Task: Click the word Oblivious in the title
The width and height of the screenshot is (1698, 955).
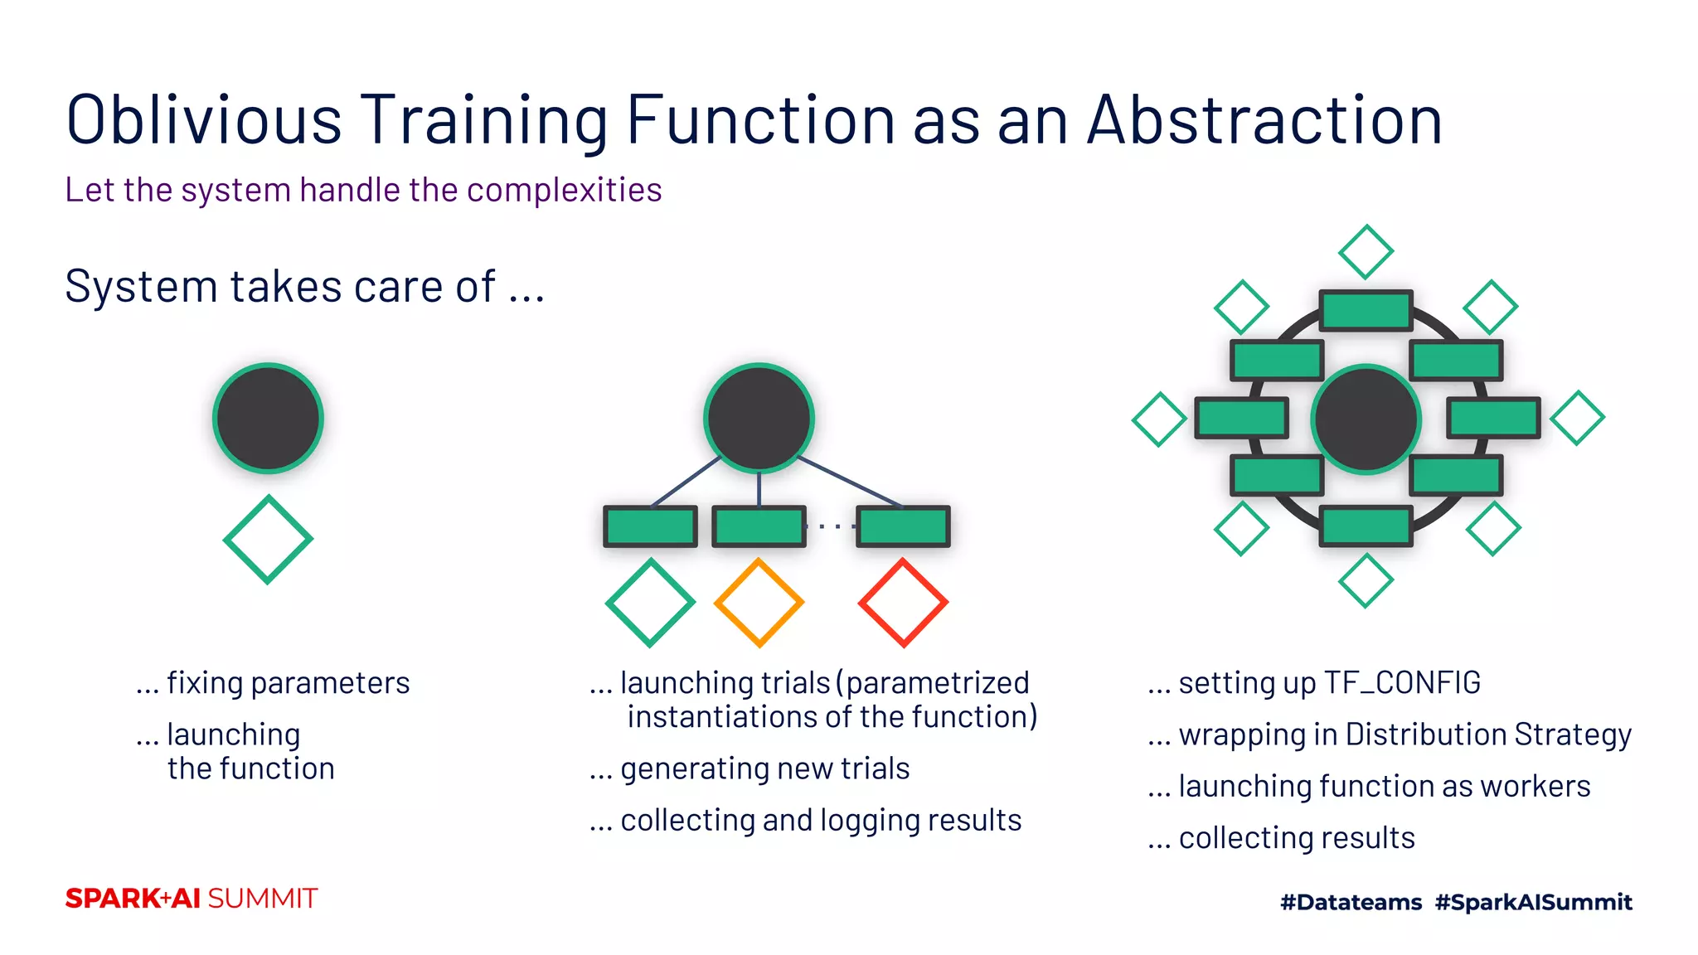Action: tap(203, 121)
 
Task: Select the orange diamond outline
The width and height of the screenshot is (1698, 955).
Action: tap(759, 603)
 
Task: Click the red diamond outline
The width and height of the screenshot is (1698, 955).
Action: tap(903, 603)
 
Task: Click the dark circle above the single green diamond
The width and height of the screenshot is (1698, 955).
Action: tap(268, 419)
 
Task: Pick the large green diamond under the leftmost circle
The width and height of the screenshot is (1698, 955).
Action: tap(268, 540)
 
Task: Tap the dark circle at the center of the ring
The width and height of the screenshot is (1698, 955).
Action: tap(1366, 419)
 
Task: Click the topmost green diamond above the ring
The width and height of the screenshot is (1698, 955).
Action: tap(1366, 251)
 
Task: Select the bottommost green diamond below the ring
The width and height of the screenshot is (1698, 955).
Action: tap(1366, 581)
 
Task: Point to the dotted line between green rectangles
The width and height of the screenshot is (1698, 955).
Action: tap(831, 526)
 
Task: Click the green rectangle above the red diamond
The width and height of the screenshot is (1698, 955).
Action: tap(903, 526)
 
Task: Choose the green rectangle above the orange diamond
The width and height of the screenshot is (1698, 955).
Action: tap(759, 526)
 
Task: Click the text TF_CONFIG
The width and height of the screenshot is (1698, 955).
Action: tap(1402, 683)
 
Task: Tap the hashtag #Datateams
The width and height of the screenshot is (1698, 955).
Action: tap(1351, 902)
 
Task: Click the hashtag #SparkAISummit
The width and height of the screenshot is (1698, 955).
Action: tap(1533, 902)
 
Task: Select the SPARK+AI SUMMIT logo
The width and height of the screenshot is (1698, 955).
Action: tap(192, 899)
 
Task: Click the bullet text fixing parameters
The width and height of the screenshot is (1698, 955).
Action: tap(288, 683)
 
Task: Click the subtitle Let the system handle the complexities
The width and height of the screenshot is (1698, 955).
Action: tap(363, 190)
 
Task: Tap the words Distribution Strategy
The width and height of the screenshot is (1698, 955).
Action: tap(1487, 734)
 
